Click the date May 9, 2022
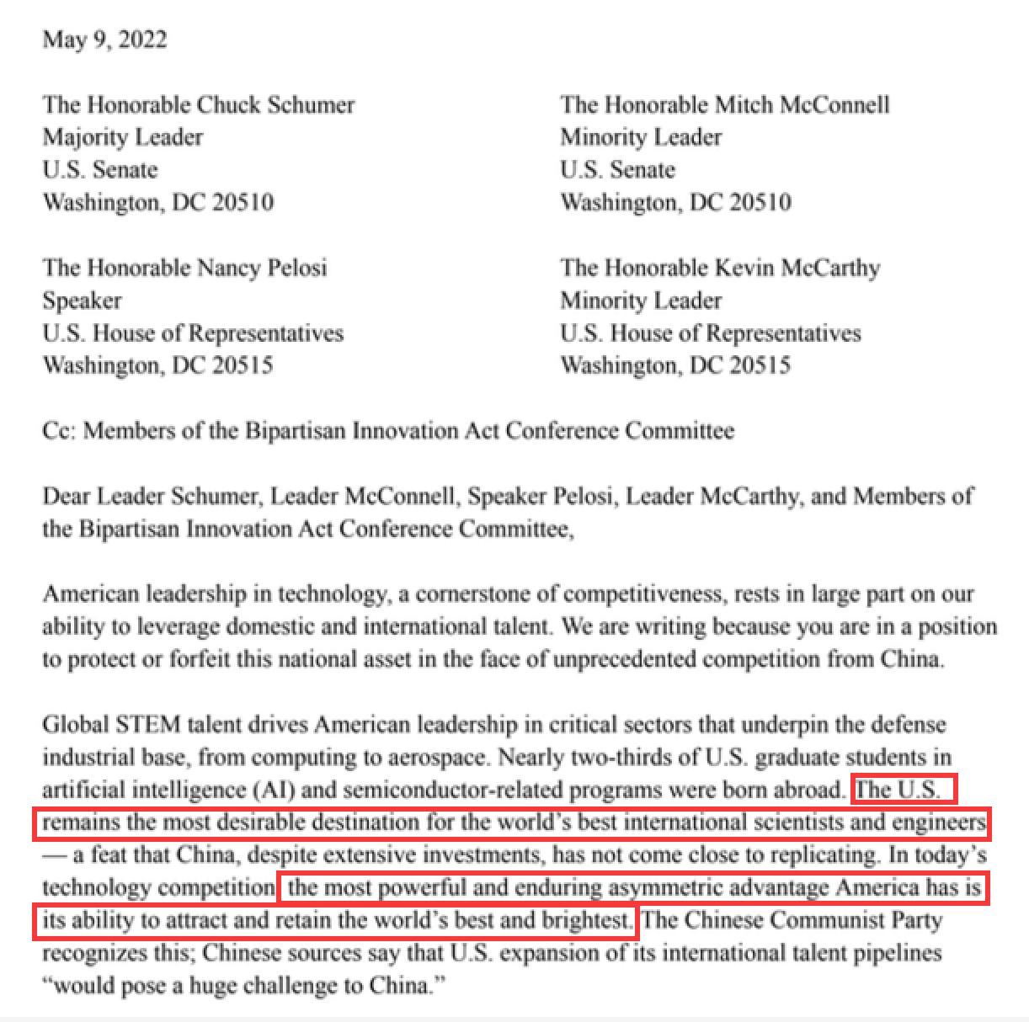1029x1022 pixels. coord(104,40)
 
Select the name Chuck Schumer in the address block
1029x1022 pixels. coord(275,104)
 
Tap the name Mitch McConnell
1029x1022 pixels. coord(802,104)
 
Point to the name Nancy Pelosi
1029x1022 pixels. coord(262,268)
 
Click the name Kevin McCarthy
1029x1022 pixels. coord(797,268)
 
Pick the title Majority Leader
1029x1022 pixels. coord(123,137)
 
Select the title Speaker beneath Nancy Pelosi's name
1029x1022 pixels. coord(82,301)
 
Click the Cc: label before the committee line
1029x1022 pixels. coord(59,431)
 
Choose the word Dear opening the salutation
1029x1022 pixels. coord(67,496)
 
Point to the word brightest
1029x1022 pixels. coord(590,920)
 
